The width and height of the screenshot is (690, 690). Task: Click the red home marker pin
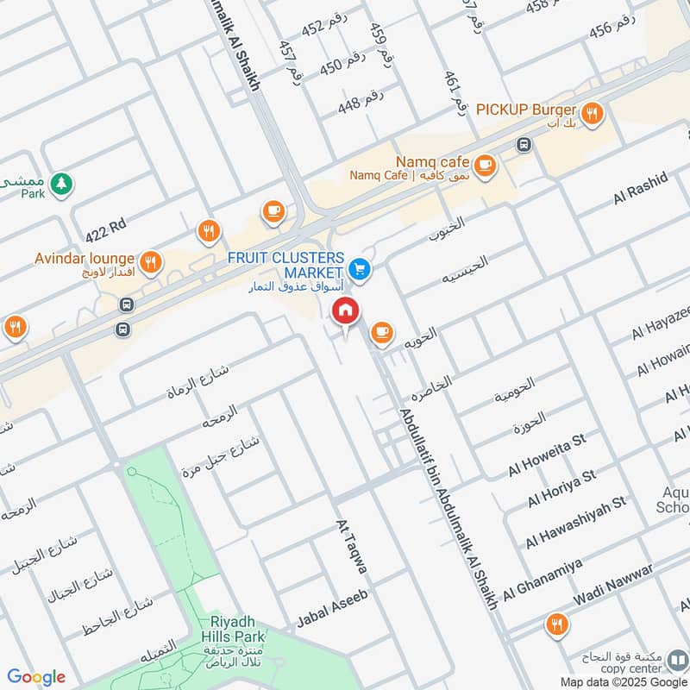(346, 312)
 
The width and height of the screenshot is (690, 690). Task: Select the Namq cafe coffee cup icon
(485, 163)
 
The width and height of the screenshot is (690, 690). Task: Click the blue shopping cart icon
(361, 269)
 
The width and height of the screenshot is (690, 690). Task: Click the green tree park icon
(60, 183)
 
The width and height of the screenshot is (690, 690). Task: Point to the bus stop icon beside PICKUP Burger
(523, 144)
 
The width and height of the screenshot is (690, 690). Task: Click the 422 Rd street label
(106, 230)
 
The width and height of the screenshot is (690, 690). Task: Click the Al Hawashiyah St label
(575, 522)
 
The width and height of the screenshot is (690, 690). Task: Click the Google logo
(36, 677)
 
